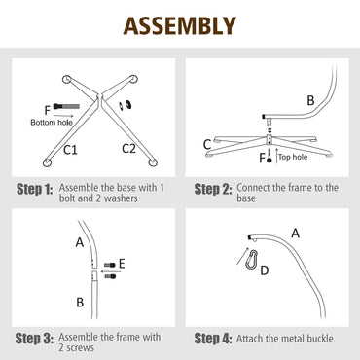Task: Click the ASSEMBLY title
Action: pos(180,25)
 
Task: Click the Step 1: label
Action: pos(33,189)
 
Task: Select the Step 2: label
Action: pos(213,189)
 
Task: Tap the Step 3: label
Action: pos(33,339)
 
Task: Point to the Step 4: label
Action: pos(213,339)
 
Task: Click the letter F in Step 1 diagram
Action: pos(47,110)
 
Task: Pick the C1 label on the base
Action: pos(71,149)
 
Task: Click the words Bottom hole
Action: pos(51,123)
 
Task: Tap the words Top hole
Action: pos(293,156)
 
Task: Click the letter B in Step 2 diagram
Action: pos(310,99)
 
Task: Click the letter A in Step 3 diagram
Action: pos(78,241)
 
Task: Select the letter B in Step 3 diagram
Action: pos(78,302)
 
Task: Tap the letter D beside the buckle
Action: pos(264,271)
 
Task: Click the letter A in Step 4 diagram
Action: pos(295,231)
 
